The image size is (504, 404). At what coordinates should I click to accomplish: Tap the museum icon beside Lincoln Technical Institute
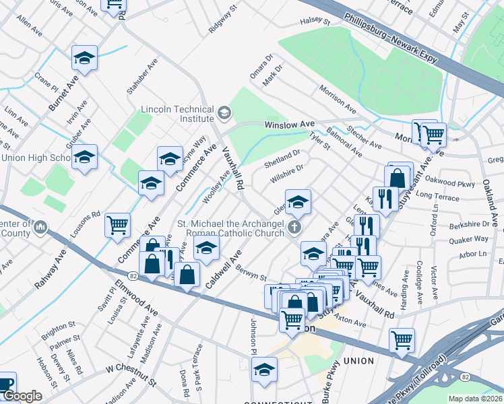tap(226, 111)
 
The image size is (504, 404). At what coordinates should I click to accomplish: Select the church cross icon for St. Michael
tap(294, 228)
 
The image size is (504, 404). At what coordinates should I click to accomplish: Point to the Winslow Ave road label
tap(290, 125)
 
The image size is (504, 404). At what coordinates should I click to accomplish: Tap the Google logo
tap(22, 397)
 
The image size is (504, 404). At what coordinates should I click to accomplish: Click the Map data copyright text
tap(476, 398)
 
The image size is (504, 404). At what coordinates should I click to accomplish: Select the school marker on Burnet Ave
tap(85, 59)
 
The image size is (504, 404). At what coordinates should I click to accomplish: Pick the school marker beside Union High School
tap(85, 158)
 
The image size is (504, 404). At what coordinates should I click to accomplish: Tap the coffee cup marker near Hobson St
tap(5, 384)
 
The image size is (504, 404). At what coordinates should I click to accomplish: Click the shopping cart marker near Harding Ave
tap(402, 341)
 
